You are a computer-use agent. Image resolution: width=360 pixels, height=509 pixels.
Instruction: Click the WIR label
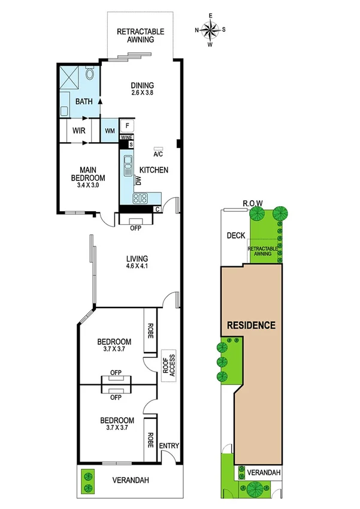coord(78,130)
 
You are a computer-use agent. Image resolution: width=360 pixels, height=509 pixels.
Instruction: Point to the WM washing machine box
coord(110,130)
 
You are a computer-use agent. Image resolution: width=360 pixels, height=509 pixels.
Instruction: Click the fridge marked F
coord(127,126)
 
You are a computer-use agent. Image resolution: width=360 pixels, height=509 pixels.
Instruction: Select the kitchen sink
coord(128,165)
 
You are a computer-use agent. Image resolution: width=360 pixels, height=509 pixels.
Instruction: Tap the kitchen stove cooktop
coord(140,198)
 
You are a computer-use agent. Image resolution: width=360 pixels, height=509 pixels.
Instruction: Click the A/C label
coord(159,152)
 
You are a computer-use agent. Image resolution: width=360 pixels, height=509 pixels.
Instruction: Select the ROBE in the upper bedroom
coord(149,329)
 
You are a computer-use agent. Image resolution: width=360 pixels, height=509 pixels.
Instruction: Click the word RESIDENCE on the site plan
coord(251,326)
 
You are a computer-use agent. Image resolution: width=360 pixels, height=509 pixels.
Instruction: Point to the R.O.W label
coord(253,203)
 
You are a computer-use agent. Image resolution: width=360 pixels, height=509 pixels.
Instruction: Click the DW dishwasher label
coord(137,179)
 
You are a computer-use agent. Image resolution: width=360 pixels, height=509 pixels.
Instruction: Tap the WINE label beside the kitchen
coord(126,137)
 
